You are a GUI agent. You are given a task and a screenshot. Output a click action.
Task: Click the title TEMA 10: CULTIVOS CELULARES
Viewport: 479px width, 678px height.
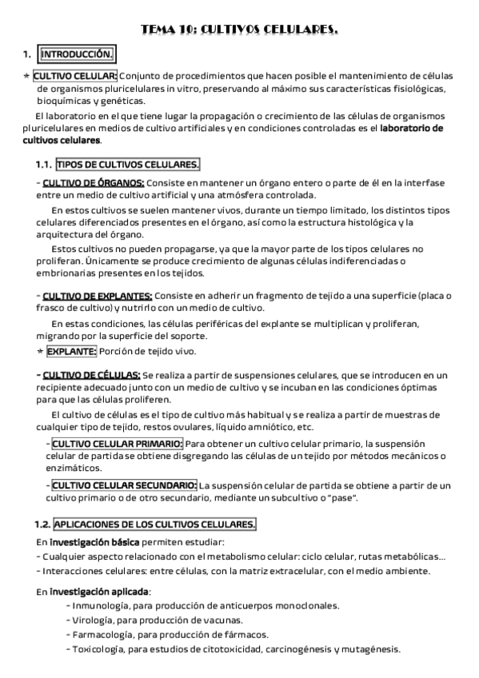click(239, 30)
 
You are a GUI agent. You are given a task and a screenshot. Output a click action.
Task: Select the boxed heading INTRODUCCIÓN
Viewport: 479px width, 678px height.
click(77, 54)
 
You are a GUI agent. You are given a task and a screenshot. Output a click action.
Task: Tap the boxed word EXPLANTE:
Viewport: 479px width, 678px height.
click(72, 350)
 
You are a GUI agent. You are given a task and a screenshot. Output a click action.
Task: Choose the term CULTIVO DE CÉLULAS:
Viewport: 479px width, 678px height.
click(91, 374)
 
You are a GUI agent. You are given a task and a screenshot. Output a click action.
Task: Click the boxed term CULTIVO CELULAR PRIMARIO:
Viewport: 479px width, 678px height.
click(116, 443)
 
